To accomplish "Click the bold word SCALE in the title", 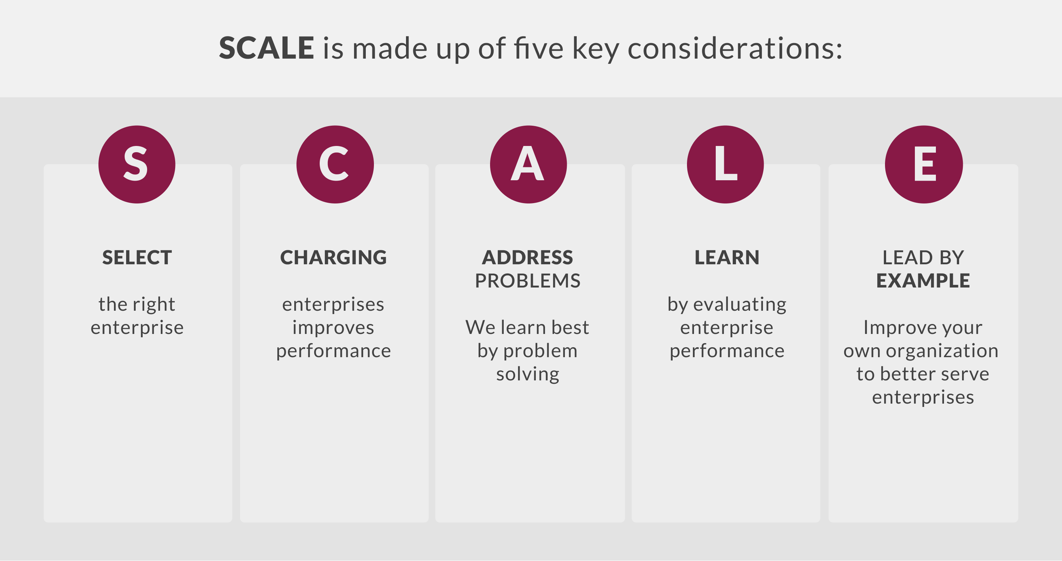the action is pyautogui.click(x=266, y=48).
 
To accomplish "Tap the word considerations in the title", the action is pyautogui.click(x=735, y=48).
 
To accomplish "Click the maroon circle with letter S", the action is pyautogui.click(x=137, y=164).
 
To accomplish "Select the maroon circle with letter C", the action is pyautogui.click(x=335, y=164).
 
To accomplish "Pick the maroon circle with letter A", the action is pyautogui.click(x=528, y=164).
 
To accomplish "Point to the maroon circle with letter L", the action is pyautogui.click(x=725, y=164).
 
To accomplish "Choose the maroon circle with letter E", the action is pyautogui.click(x=924, y=164).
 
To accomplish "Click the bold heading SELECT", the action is pyautogui.click(x=137, y=258).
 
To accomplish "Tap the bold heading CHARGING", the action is pyautogui.click(x=333, y=258).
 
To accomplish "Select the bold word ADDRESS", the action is pyautogui.click(x=528, y=258).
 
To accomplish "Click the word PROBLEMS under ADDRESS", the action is pyautogui.click(x=528, y=281).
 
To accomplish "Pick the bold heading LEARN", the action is pyautogui.click(x=727, y=258).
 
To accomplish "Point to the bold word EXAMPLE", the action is pyautogui.click(x=923, y=281).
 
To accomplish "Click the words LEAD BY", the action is pyautogui.click(x=923, y=258).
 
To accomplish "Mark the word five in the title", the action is pyautogui.click(x=538, y=48).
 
